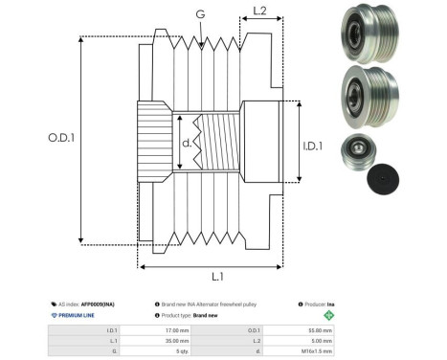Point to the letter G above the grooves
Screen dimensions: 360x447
click(199, 13)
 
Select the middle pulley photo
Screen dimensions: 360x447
click(364, 100)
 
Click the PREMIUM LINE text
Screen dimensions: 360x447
click(77, 314)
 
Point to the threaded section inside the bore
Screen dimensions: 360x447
click(212, 146)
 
